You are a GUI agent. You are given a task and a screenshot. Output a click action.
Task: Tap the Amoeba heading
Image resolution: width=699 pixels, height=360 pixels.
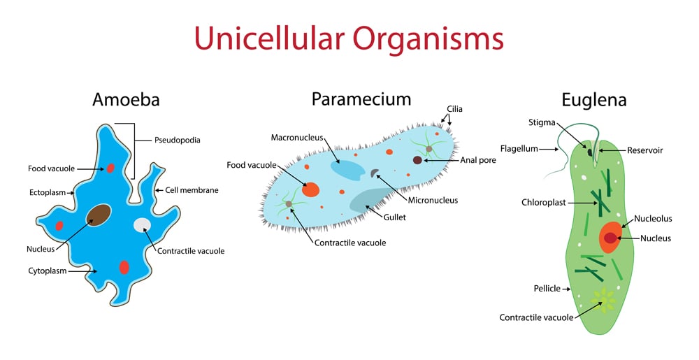click(126, 100)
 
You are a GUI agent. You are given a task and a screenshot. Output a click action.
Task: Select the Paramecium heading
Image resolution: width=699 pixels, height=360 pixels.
click(361, 99)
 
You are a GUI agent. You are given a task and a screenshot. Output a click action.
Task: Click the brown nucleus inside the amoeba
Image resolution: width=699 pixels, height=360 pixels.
click(99, 215)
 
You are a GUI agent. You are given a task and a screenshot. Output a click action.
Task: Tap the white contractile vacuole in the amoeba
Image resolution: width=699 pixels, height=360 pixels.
click(142, 225)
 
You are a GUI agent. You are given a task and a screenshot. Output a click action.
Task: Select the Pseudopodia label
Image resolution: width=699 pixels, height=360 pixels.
click(177, 140)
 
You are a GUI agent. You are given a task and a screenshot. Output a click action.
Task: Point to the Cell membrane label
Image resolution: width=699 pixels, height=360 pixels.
click(192, 189)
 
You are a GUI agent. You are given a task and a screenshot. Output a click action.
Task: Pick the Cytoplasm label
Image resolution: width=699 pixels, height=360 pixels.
click(48, 271)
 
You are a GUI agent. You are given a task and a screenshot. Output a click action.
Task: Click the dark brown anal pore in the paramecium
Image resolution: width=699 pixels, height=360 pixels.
click(417, 160)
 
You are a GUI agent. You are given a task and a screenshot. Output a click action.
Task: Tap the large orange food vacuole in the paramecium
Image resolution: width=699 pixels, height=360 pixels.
click(311, 189)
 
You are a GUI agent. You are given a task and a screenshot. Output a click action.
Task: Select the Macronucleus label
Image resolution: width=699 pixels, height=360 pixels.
click(297, 138)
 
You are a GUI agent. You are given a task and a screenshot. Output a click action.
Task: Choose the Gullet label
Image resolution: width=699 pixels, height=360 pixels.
click(394, 217)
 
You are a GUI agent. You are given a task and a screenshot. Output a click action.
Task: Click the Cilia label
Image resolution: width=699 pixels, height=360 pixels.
click(454, 109)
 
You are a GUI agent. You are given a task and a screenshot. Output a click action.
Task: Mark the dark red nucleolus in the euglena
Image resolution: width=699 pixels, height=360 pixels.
click(610, 238)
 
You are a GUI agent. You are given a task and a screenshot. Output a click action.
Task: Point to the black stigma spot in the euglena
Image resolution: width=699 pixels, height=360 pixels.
click(590, 152)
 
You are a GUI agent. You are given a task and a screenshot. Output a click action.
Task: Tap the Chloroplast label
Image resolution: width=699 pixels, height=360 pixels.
click(543, 203)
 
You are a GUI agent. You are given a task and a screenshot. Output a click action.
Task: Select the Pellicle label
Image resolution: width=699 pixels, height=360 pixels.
click(547, 288)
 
